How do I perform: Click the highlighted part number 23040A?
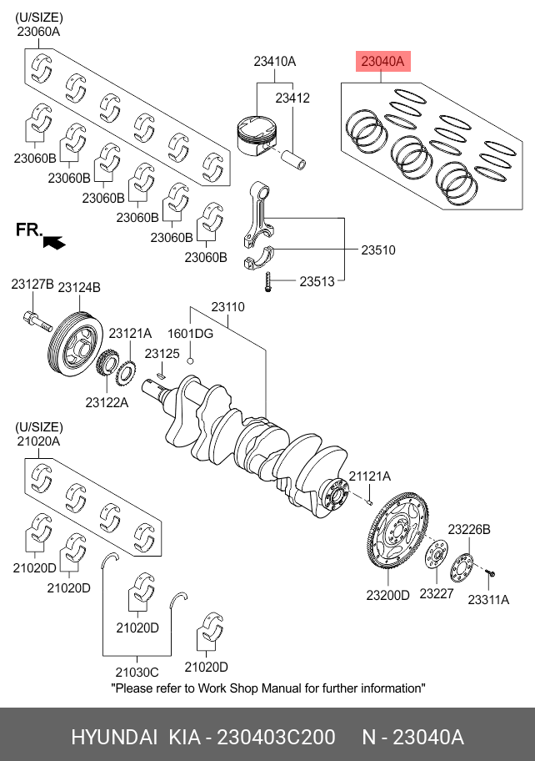point(382,61)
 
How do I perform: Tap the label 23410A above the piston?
point(275,62)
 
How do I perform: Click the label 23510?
point(377,249)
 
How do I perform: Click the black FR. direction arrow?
point(55,242)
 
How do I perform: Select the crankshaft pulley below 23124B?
point(73,343)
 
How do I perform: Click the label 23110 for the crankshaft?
point(227,307)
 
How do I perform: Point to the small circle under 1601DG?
point(190,360)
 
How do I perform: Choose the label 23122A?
point(107,402)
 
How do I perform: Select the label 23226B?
point(469,529)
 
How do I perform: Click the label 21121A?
point(369,476)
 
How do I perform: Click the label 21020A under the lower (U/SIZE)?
point(37,441)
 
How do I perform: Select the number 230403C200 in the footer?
point(276,738)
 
